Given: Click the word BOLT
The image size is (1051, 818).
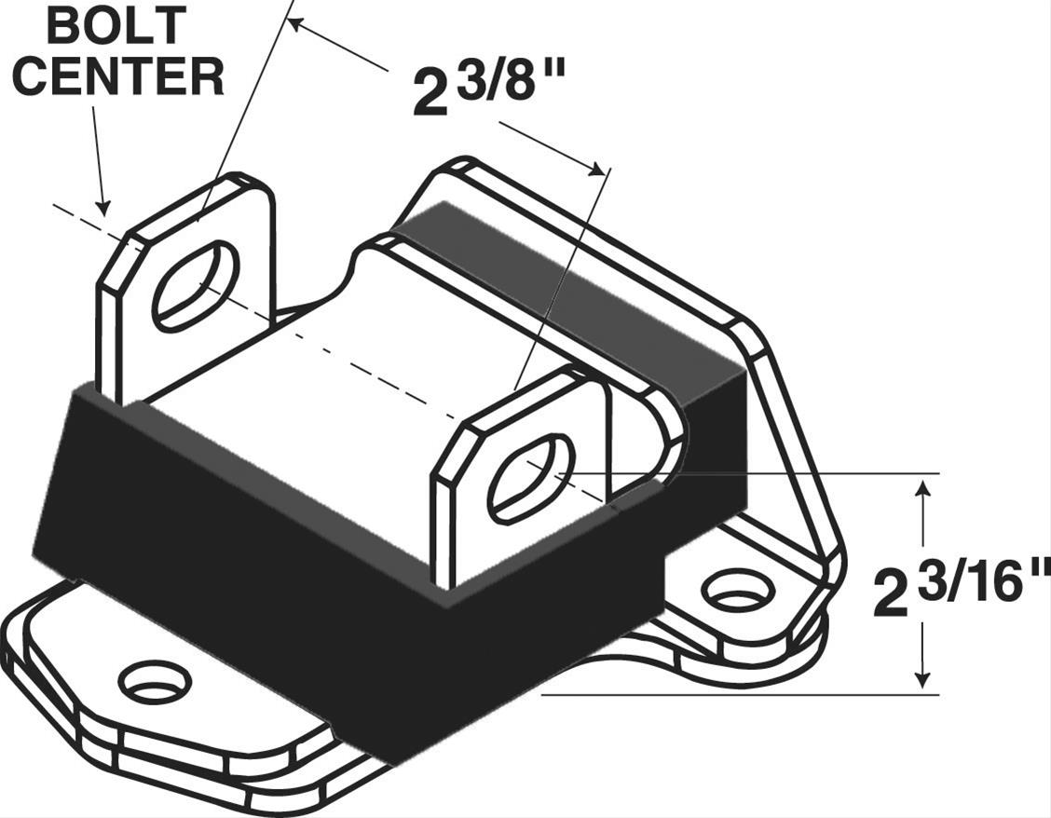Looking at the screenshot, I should [116, 26].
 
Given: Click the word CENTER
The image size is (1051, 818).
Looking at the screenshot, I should [118, 75].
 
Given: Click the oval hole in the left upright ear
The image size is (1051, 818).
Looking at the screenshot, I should [196, 286].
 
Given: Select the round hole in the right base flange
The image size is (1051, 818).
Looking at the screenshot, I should [737, 589].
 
